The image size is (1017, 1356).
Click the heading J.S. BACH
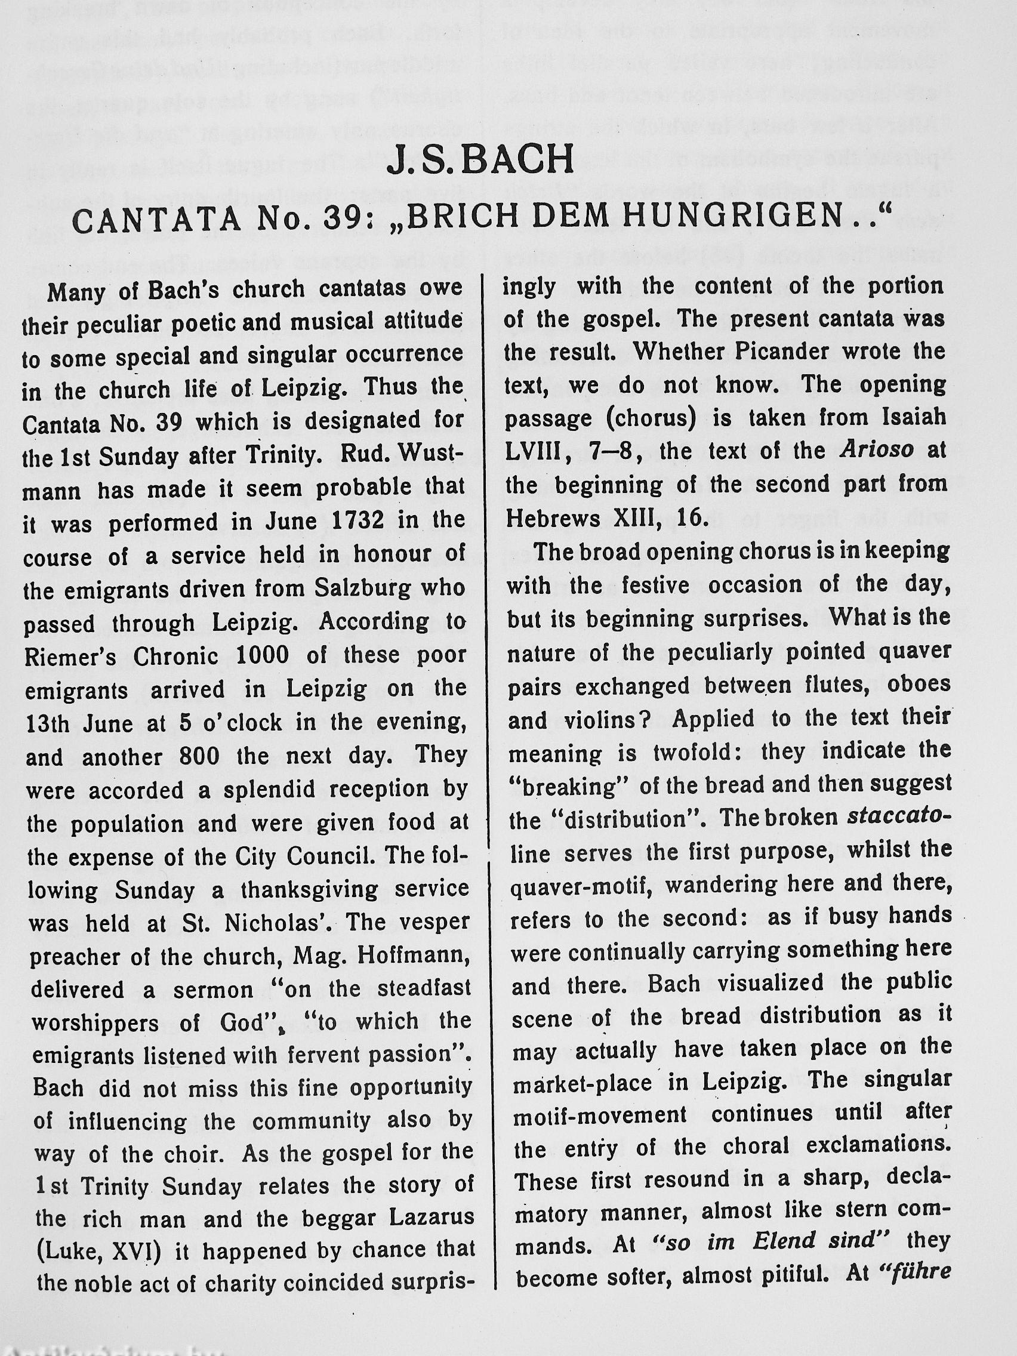coord(480,159)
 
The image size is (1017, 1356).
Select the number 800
coord(199,756)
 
